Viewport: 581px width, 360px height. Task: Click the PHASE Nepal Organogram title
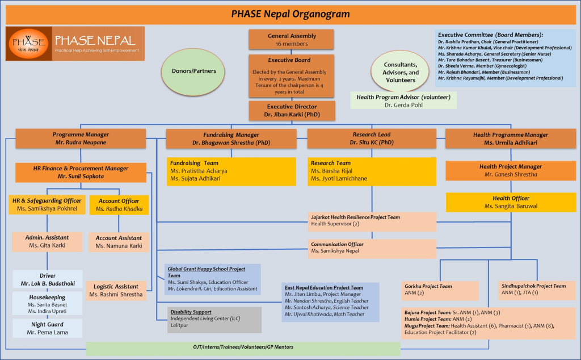tap(290, 14)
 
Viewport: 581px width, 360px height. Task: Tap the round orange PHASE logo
tap(28, 44)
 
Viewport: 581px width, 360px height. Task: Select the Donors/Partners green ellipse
tap(193, 72)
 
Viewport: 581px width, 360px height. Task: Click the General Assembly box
tap(291, 39)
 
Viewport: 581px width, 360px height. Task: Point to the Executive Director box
tap(292, 111)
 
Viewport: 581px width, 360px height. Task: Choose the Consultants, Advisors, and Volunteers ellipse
tap(401, 72)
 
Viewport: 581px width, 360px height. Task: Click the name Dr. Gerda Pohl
tap(403, 105)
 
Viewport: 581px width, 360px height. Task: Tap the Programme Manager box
tap(81, 139)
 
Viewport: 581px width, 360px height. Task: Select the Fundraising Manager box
tap(231, 139)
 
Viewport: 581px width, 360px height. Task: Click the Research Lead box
tap(372, 139)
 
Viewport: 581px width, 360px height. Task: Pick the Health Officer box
tap(511, 202)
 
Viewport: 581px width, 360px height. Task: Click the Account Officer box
tap(119, 204)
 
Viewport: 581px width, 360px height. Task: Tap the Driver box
tap(48, 279)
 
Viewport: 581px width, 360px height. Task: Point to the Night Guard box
tap(48, 329)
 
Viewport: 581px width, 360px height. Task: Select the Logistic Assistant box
tap(116, 290)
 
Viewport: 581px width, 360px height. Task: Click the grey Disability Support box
tap(214, 320)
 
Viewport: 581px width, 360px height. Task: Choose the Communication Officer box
tap(372, 248)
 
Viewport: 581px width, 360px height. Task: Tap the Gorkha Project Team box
tap(440, 291)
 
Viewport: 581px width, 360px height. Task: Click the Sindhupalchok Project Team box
tap(537, 290)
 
